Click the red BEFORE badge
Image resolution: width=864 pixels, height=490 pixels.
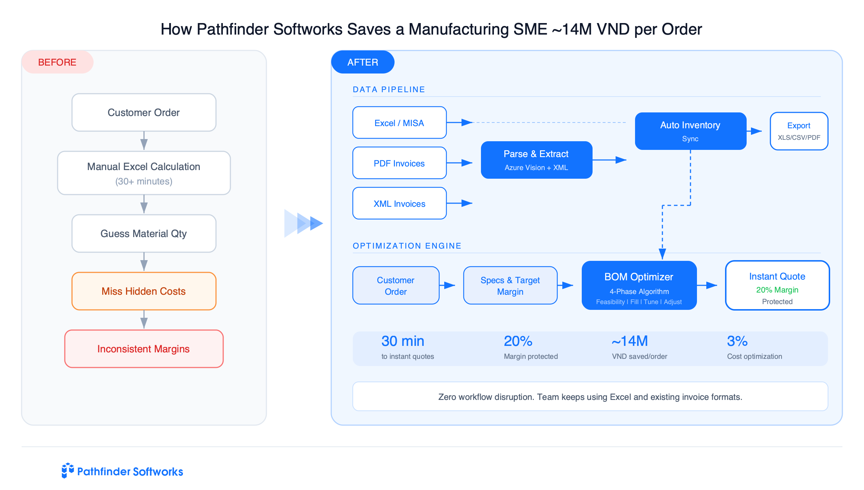click(x=57, y=62)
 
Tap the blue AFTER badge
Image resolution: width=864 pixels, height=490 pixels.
click(x=363, y=62)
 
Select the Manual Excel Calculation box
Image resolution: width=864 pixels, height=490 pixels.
click(x=144, y=173)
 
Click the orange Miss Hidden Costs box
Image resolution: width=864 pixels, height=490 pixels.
click(x=144, y=291)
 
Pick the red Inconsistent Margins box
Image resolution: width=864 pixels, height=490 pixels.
click(x=144, y=349)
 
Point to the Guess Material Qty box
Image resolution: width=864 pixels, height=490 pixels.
click(x=144, y=233)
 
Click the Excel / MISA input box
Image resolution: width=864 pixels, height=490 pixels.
click(x=399, y=122)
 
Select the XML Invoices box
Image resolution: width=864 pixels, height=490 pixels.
click(x=399, y=203)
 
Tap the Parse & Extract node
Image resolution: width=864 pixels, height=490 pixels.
click(x=536, y=160)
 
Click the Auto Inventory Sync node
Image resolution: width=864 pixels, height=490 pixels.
click(x=690, y=131)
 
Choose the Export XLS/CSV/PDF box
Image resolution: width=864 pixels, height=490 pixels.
click(x=799, y=131)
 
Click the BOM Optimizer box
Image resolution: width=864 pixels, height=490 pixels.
click(x=639, y=285)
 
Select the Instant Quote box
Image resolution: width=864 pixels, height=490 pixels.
click(x=777, y=285)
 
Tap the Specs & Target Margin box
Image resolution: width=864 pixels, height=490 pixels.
click(x=510, y=285)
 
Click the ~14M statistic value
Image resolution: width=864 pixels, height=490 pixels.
click(x=630, y=341)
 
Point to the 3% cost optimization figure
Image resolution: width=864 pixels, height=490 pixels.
click(x=737, y=341)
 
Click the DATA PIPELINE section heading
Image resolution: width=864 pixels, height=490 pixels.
click(x=389, y=89)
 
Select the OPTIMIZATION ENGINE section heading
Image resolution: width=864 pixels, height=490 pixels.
click(x=407, y=246)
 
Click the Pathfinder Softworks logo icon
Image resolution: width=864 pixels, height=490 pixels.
click(x=67, y=471)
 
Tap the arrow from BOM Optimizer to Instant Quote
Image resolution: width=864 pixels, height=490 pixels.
click(x=708, y=285)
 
